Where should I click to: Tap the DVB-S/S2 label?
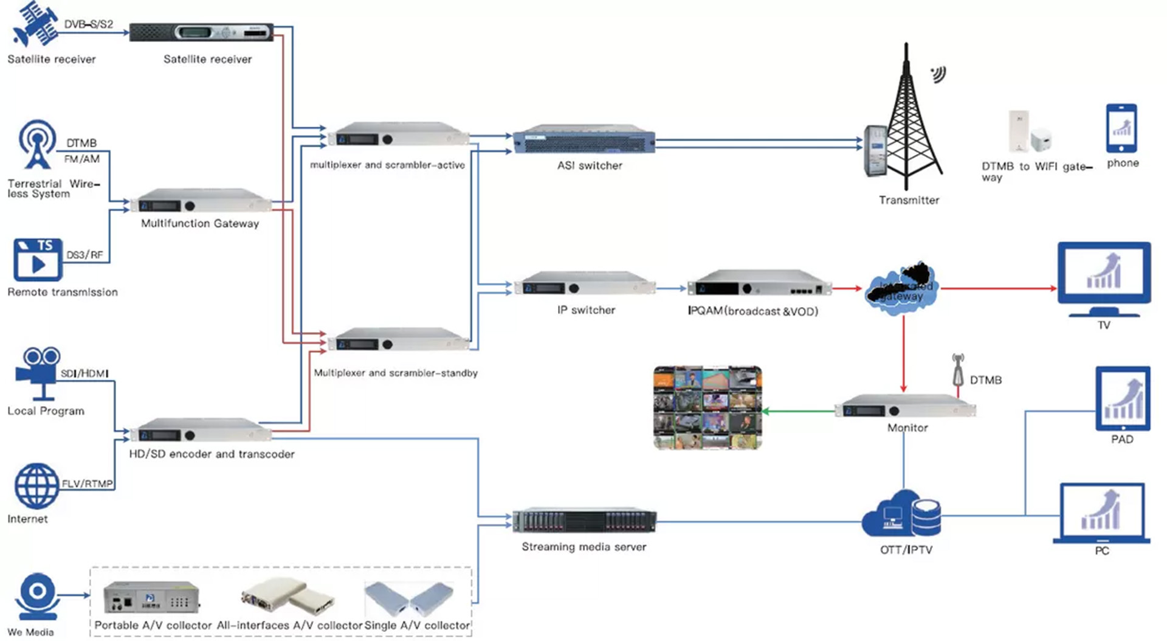89,24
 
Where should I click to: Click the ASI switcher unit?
584,140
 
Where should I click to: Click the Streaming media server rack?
584,521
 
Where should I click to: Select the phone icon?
1121,128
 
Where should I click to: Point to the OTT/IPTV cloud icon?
901,515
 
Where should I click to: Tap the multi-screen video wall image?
707,407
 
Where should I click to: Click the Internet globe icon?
37,486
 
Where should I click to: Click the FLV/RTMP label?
87,484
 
